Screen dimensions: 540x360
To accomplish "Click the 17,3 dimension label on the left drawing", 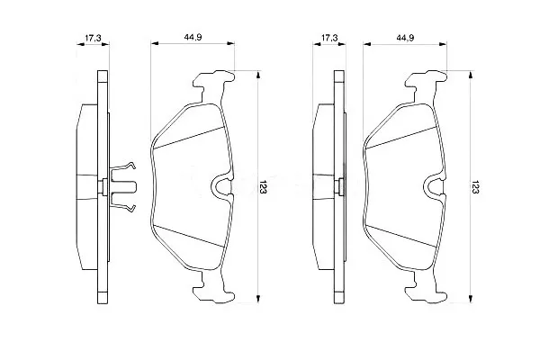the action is click(93, 38).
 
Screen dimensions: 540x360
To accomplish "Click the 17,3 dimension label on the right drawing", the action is click(329, 38).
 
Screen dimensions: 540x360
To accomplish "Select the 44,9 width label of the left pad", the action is click(193, 38).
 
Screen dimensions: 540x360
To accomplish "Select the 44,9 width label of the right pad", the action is click(405, 38).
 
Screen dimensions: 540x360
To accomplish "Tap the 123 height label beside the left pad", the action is click(264, 186).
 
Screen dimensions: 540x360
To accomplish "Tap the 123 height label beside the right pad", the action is click(475, 186).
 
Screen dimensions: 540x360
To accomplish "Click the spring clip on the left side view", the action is click(123, 186).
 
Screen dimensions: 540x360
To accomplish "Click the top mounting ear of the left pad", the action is click(212, 83).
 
